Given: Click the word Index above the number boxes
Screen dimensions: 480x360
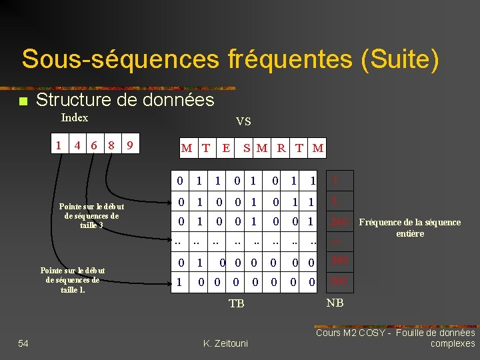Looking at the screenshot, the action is (74, 118).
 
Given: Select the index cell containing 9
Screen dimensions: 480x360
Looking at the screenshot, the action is (132, 145).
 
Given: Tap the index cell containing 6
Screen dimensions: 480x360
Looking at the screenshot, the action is (94, 145).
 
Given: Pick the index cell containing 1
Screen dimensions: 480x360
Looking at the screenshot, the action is (59, 145).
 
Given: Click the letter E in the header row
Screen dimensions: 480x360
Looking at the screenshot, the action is (227, 148).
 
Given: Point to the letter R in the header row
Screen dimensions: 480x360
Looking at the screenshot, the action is (281, 148).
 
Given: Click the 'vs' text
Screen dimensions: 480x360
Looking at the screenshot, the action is (243, 121).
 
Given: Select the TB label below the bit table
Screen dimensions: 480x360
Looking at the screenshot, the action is (237, 303).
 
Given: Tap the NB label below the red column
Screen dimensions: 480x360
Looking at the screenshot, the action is (335, 303).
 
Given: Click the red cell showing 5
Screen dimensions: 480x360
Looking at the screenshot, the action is (335, 201).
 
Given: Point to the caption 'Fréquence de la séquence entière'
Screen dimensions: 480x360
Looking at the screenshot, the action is (409, 227).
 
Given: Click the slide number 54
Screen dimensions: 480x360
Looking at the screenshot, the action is (23, 343).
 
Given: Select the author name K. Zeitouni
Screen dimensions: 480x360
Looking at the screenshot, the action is (225, 343).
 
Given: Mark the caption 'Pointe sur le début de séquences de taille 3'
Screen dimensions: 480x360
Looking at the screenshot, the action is (91, 216).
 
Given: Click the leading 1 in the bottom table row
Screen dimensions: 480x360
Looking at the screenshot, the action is (179, 283).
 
